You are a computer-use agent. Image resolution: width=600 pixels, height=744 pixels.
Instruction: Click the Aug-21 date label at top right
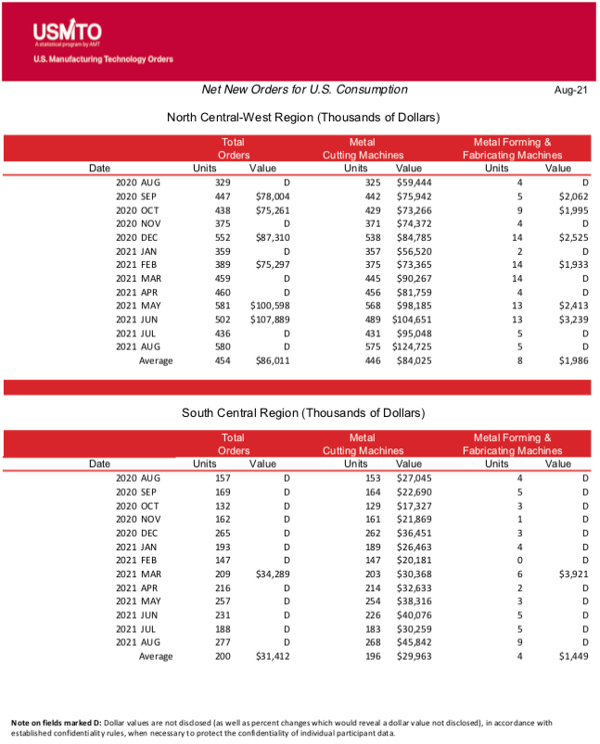571,90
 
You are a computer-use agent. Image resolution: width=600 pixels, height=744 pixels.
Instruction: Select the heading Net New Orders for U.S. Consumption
304,90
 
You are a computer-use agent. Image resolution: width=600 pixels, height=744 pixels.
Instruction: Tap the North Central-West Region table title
302,118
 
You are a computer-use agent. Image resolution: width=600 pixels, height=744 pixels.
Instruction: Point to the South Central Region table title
302,412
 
